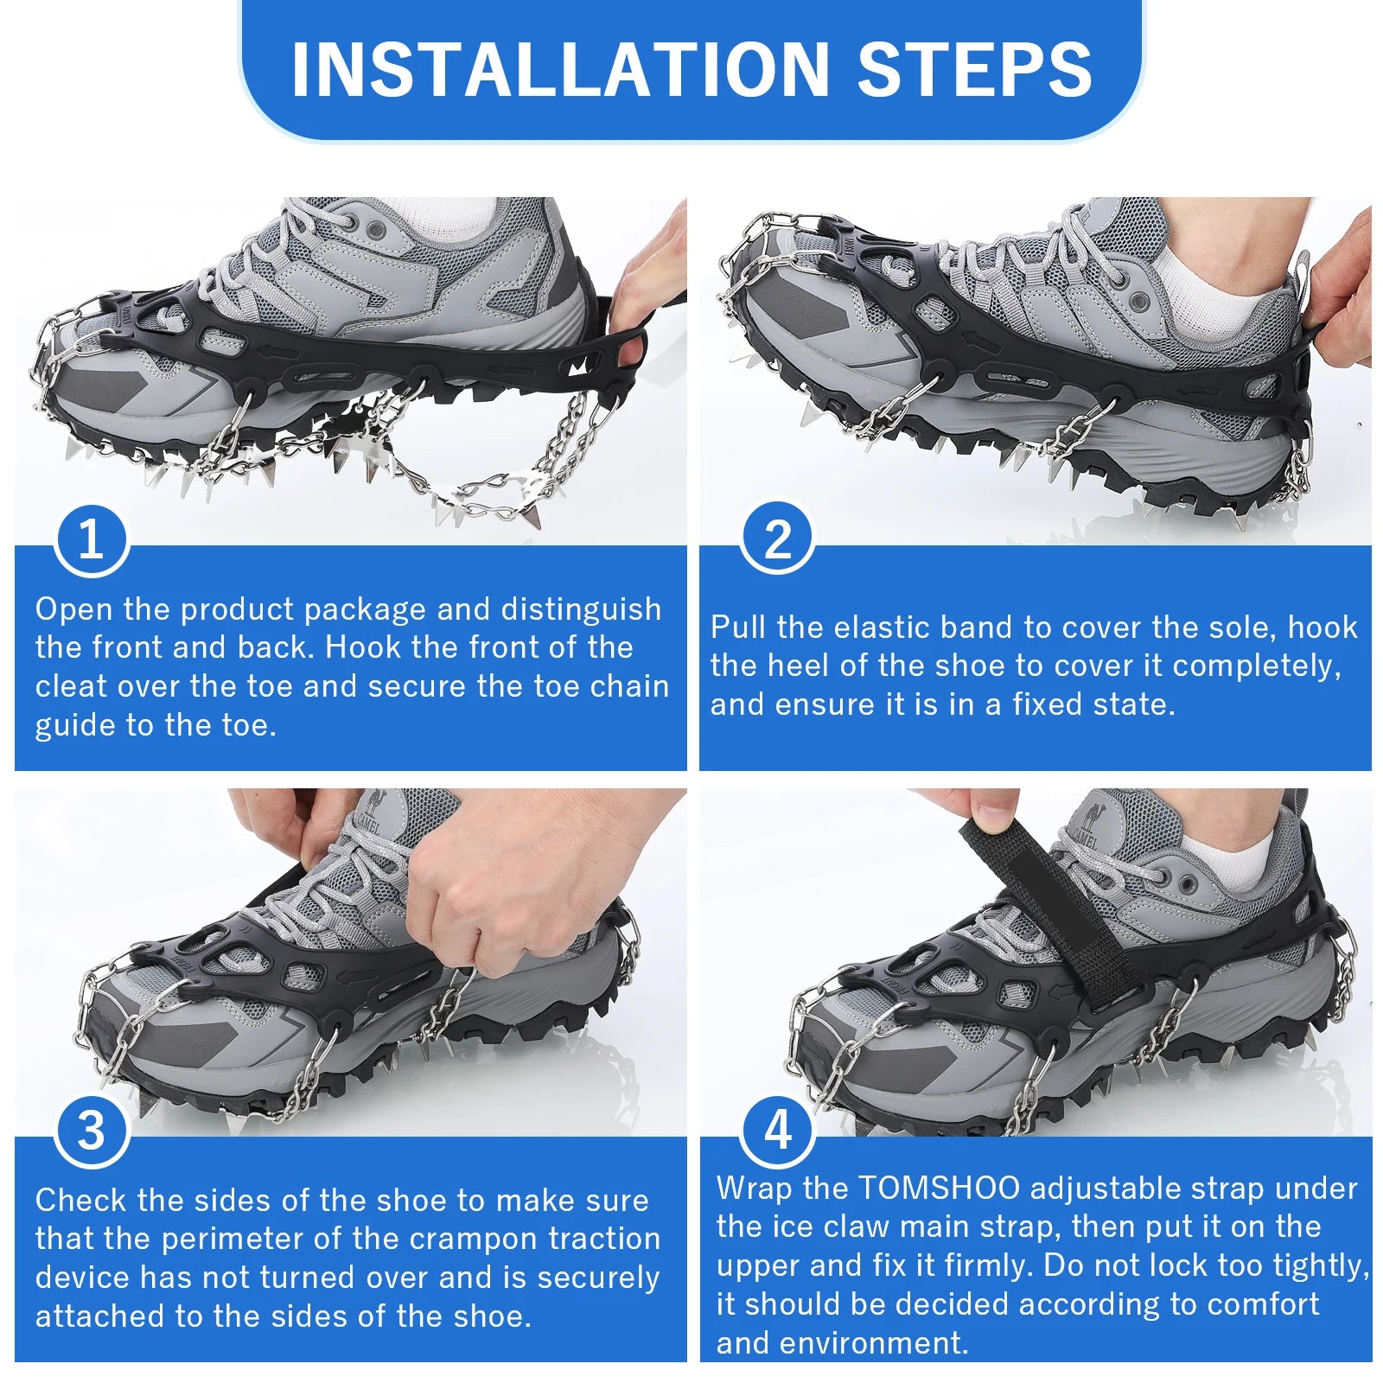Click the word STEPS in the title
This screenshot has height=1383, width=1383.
click(974, 69)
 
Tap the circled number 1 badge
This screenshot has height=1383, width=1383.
click(91, 539)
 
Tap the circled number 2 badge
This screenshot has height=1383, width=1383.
click(777, 538)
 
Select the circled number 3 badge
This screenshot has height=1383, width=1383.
click(91, 1130)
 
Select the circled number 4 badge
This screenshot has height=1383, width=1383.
click(777, 1129)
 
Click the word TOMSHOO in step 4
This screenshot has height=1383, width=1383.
click(939, 1188)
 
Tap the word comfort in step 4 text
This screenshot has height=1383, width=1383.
click(1263, 1303)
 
